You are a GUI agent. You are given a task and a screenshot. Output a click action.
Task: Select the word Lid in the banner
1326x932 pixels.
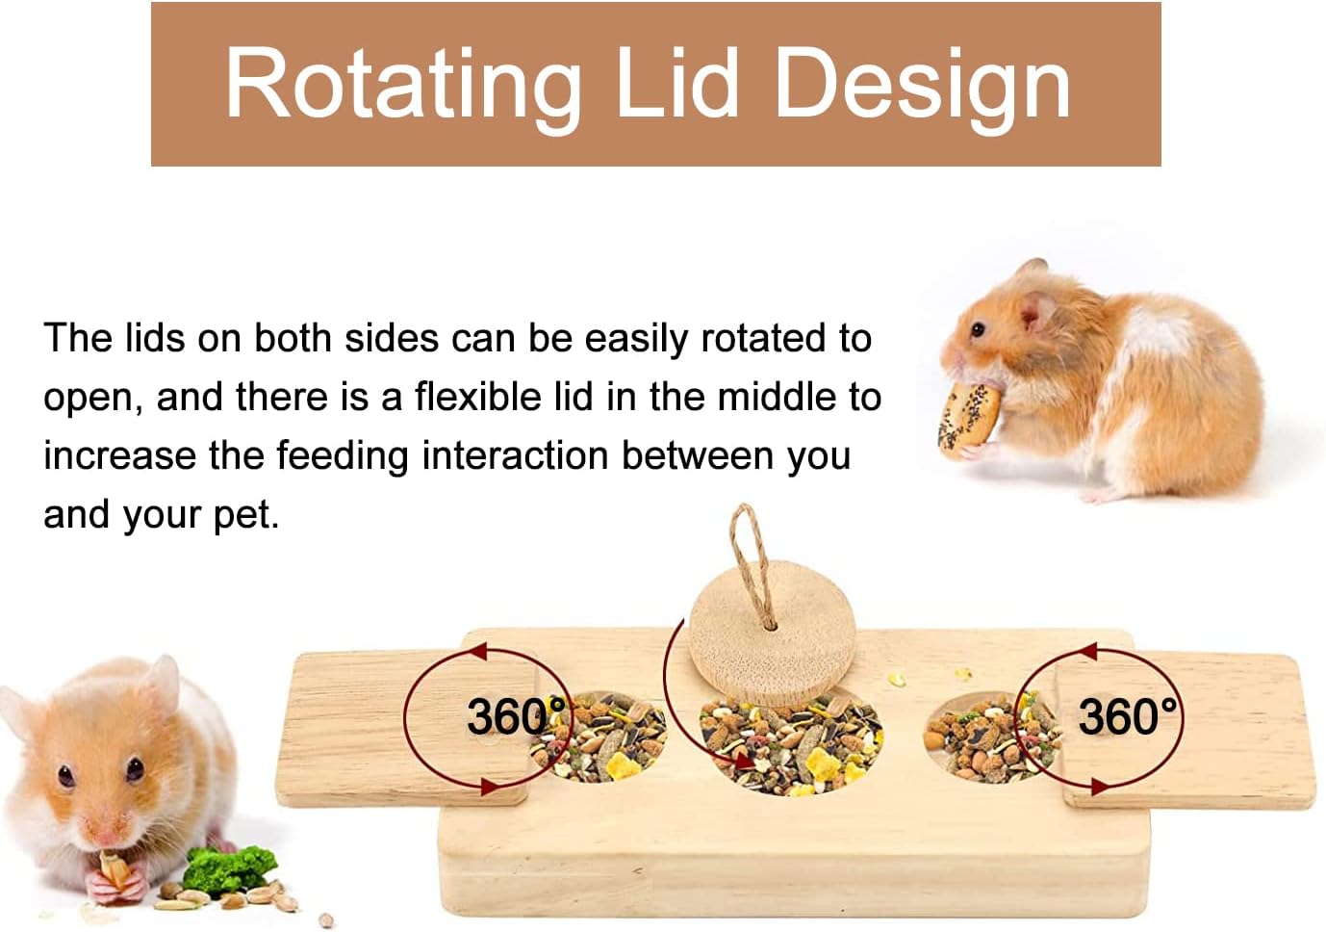(677, 83)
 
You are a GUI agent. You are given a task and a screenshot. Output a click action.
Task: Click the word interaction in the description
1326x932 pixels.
(515, 456)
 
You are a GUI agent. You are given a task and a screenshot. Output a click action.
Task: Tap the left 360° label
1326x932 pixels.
(516, 716)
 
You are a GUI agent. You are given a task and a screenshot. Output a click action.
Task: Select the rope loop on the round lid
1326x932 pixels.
(751, 562)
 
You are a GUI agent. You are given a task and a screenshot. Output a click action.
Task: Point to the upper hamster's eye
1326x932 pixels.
(978, 328)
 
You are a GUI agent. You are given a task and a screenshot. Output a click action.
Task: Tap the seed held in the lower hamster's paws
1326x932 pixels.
(113, 870)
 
